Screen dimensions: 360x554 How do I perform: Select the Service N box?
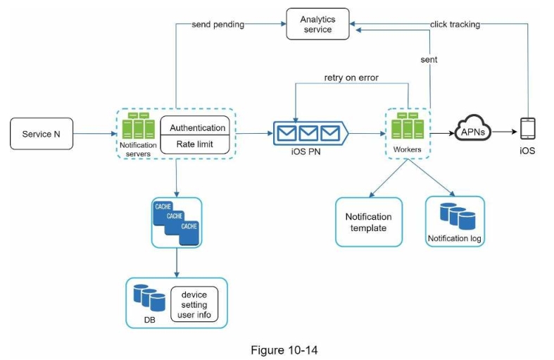[x=42, y=134]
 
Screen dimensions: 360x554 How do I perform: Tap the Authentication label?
[x=198, y=128]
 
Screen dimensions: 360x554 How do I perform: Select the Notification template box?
[x=369, y=222]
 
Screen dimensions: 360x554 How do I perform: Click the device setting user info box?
[x=194, y=304]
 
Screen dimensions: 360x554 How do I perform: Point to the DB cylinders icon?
[x=149, y=297]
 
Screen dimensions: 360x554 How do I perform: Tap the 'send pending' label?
[x=218, y=25]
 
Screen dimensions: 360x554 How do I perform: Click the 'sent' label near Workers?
[x=428, y=60]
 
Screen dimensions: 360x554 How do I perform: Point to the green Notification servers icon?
[x=138, y=126]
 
